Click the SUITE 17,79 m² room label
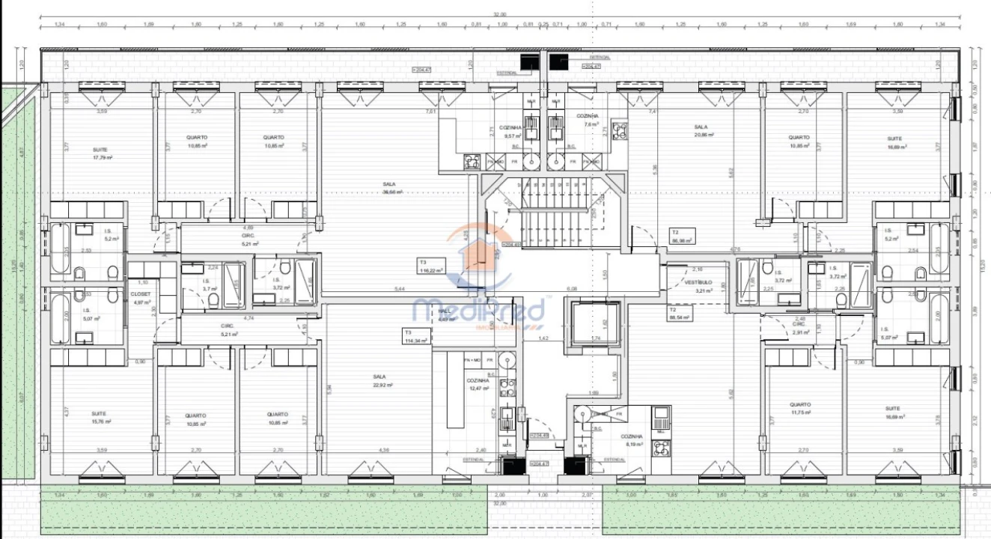point(103,153)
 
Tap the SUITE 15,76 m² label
point(101,417)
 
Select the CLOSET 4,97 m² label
point(140,298)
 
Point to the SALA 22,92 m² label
point(382,380)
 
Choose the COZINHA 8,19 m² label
point(632,440)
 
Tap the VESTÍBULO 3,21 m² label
point(697,286)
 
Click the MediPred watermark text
point(479,309)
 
